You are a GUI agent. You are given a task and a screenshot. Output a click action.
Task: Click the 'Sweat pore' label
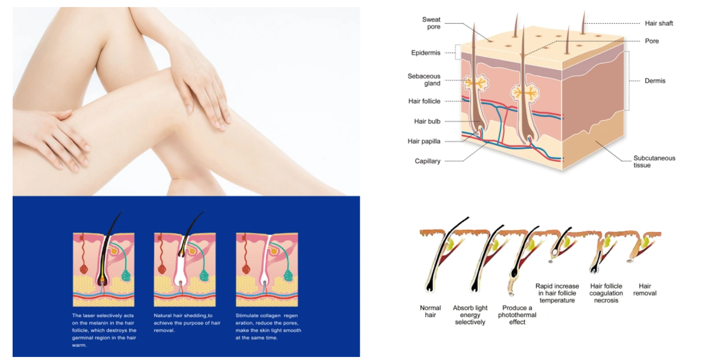[x=431, y=23]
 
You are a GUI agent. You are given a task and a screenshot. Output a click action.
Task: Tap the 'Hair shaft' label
[x=659, y=23]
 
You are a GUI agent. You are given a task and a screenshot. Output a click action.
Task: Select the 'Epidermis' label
[x=426, y=52]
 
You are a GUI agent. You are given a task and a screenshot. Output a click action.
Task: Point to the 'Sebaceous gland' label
[x=424, y=80]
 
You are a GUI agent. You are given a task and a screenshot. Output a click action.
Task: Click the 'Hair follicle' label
[x=424, y=101]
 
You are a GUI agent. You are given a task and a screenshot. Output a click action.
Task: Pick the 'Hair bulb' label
[x=427, y=122]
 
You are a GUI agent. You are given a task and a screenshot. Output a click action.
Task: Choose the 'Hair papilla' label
[x=424, y=141]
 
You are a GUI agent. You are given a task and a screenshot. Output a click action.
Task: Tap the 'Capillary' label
[x=427, y=161]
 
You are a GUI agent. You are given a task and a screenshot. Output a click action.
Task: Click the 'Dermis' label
[x=655, y=81]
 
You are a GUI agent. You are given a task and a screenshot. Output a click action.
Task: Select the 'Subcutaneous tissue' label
[x=654, y=161]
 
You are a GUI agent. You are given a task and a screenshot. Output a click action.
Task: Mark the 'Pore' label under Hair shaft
[x=651, y=41]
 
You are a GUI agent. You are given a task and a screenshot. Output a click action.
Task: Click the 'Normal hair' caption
[x=431, y=311]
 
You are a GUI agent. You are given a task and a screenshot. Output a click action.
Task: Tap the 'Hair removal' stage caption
[x=644, y=289]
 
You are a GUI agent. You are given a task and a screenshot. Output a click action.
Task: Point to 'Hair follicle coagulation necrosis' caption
[x=606, y=293]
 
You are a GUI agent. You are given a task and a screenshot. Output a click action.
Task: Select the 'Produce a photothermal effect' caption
[x=517, y=315]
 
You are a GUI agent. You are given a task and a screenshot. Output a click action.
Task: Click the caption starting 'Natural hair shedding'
[x=187, y=323]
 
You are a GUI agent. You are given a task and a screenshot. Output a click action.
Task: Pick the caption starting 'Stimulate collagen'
[x=268, y=327]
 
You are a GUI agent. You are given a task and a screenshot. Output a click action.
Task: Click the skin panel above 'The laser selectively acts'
[x=103, y=270]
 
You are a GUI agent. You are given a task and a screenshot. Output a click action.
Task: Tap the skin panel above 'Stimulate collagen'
[x=267, y=270]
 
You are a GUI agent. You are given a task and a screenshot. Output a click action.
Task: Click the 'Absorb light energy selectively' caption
[x=470, y=315]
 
